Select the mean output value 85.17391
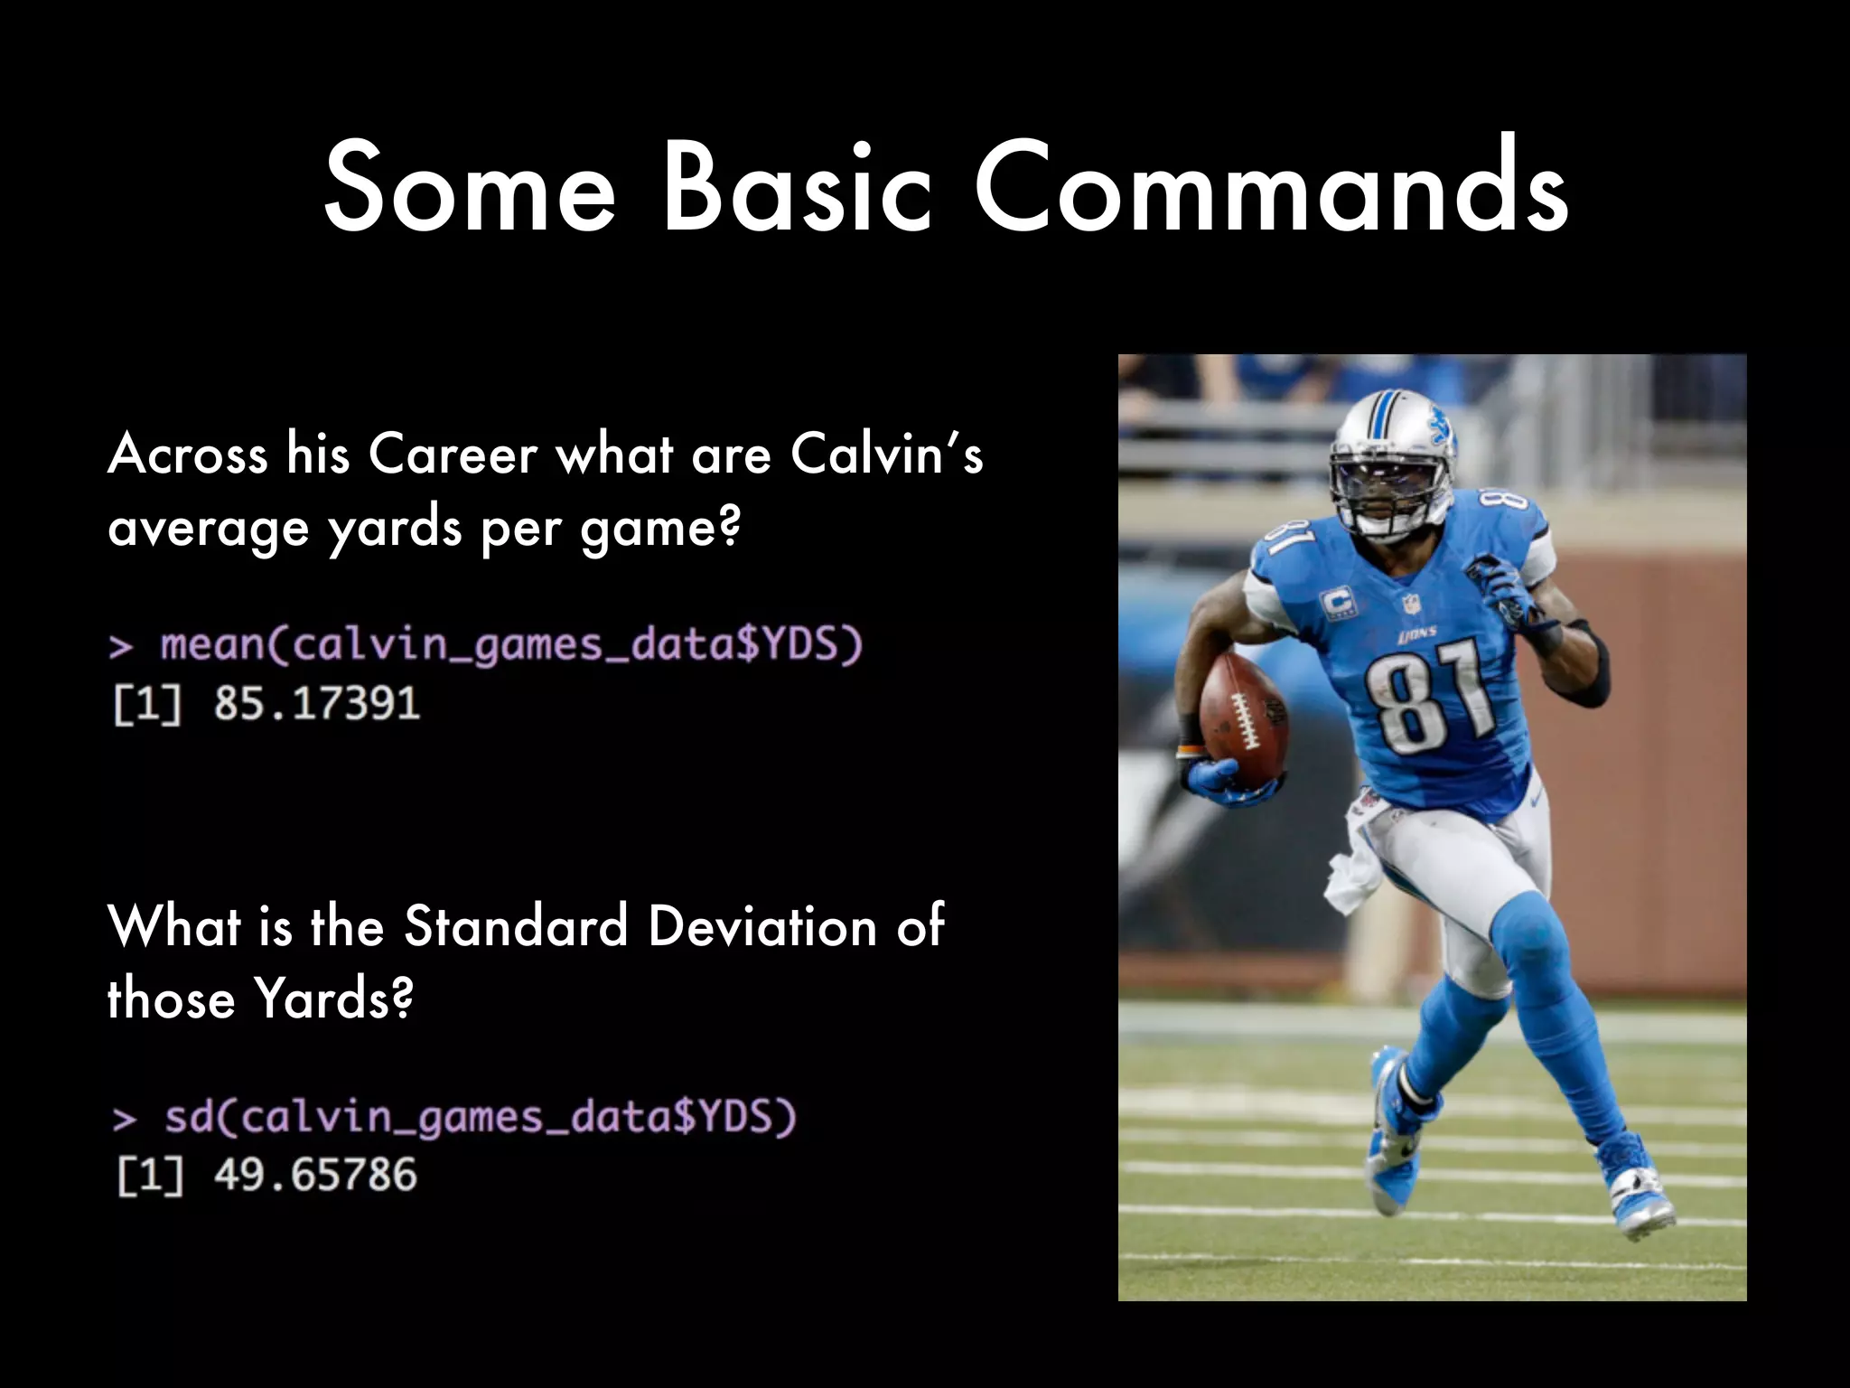pos(317,703)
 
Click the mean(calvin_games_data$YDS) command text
pos(511,645)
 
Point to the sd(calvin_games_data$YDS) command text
pos(480,1118)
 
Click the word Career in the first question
pos(453,454)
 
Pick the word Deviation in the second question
pos(762,926)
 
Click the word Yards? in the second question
pos(334,999)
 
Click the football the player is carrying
pos(1242,718)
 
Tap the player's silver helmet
pos(1391,443)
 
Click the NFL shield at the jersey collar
pos(1410,604)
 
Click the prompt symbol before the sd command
pos(125,1120)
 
